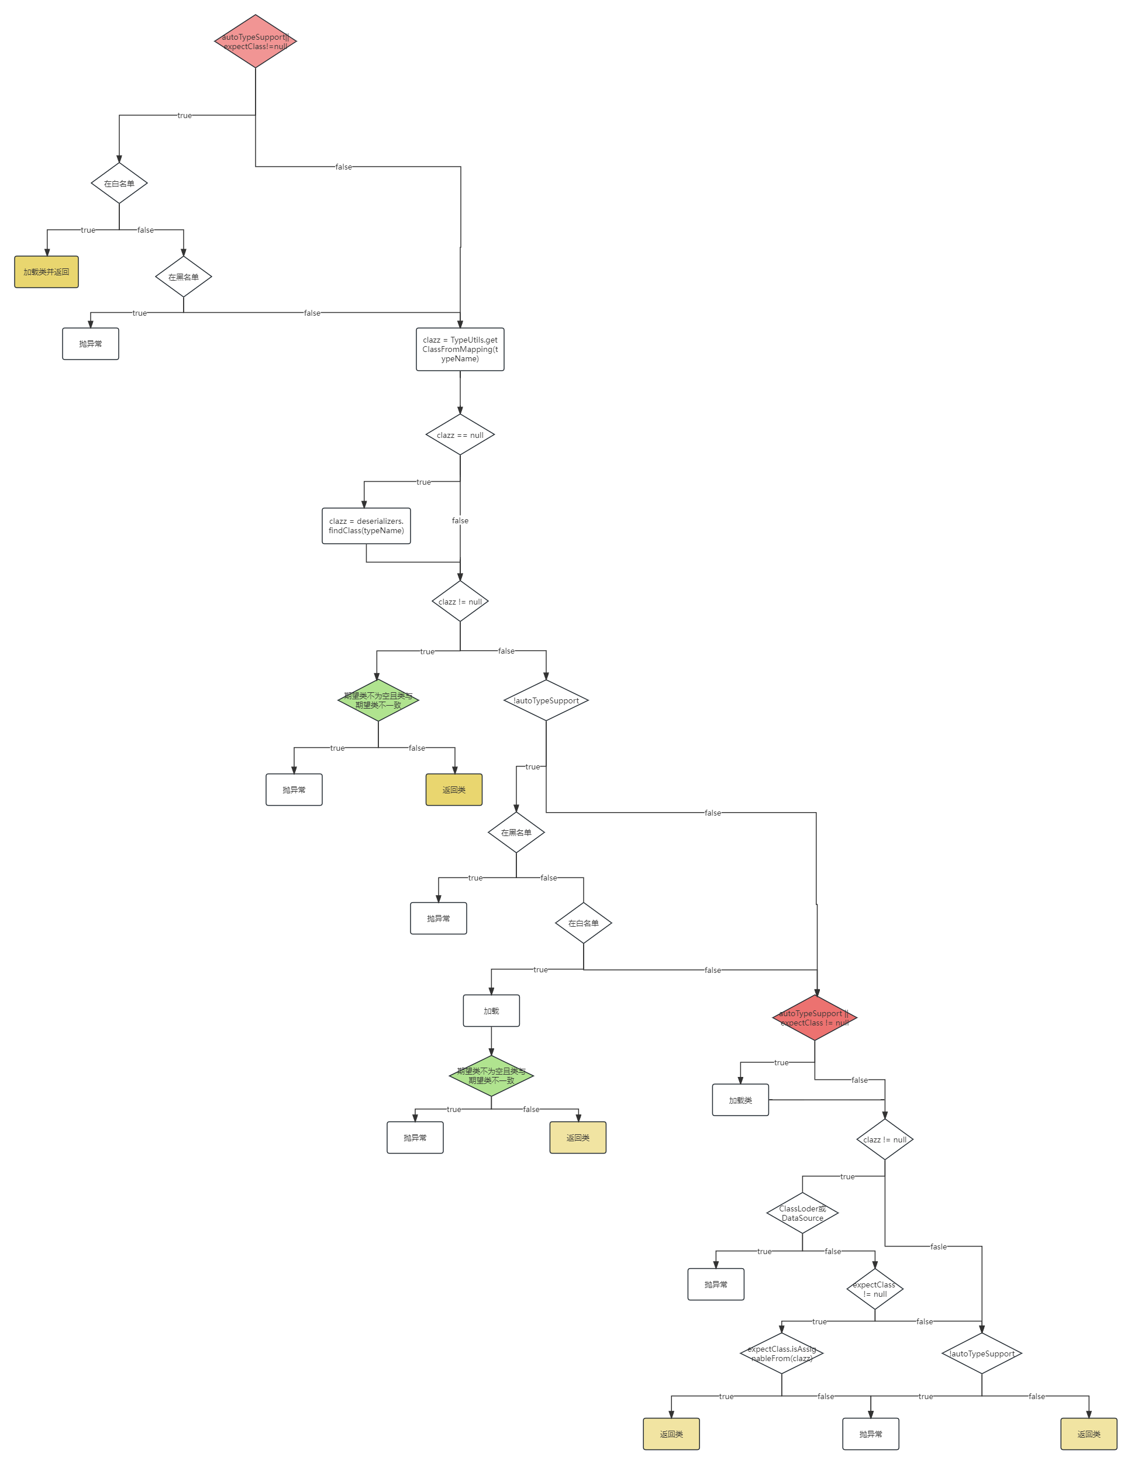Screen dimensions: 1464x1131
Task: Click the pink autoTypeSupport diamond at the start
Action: tap(256, 42)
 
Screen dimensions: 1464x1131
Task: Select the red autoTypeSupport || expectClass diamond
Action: tap(815, 1017)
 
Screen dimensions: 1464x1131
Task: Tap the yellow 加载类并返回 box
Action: tap(46, 272)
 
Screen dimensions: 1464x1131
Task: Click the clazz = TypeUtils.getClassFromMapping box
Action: tap(460, 349)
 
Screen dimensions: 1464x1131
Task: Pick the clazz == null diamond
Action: tap(460, 435)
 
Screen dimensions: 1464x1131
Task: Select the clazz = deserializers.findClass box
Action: tap(366, 526)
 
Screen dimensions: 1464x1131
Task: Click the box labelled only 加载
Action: tap(491, 1011)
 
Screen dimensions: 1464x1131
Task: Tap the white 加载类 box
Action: tap(740, 1100)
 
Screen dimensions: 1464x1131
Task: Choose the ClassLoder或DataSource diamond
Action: tap(802, 1213)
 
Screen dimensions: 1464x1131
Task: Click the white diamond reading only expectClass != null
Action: tap(875, 1289)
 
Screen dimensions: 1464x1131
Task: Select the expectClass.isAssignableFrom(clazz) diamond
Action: tap(782, 1353)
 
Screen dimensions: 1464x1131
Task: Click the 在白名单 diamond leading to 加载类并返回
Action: tap(119, 183)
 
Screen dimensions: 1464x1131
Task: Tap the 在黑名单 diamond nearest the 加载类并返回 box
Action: tap(184, 277)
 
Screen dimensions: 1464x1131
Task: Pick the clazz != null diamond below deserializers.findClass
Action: tap(460, 601)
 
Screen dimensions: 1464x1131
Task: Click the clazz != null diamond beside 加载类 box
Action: tap(885, 1140)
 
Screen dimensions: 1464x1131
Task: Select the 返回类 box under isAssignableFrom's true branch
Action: tap(671, 1434)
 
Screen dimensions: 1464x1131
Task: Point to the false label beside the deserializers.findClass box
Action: tap(460, 521)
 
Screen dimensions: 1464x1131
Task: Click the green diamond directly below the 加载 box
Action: tap(491, 1076)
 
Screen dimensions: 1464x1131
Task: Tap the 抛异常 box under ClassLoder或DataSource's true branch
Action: tap(716, 1285)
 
